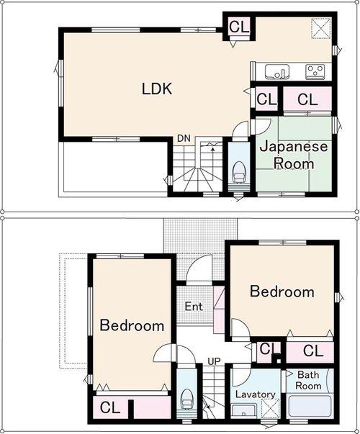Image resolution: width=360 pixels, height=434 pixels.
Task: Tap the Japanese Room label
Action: click(293, 155)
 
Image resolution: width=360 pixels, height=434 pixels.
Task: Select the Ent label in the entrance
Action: click(194, 307)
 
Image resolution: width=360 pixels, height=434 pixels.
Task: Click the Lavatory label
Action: click(255, 394)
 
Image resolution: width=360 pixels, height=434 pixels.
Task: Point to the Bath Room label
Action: click(308, 380)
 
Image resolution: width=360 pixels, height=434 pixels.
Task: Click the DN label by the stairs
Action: click(184, 138)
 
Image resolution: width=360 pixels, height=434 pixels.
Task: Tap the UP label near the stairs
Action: click(214, 361)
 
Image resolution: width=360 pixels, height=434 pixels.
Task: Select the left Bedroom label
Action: click(132, 325)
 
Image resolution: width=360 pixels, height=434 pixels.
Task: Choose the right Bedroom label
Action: click(282, 291)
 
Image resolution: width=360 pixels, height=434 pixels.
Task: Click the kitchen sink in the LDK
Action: click(276, 71)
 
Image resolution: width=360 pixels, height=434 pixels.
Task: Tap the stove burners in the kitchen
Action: click(315, 71)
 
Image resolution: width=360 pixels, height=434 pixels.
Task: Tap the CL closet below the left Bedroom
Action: click(110, 408)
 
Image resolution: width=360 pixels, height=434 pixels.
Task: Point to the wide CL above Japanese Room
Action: click(307, 99)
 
